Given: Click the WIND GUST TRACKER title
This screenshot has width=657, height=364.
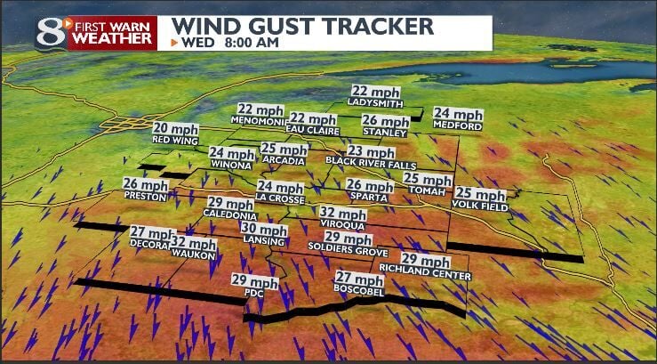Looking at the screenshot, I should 302,25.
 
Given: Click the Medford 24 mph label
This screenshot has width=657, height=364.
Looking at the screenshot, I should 458,119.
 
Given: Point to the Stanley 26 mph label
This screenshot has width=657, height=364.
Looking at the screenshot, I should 385,125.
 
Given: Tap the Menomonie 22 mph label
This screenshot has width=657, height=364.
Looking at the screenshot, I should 259,114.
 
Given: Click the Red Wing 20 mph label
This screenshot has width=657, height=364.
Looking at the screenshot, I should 174,133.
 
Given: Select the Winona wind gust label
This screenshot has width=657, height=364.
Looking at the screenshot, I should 231,158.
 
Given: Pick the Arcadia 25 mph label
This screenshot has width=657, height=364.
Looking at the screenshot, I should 284,154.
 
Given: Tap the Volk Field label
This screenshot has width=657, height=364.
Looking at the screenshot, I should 479,198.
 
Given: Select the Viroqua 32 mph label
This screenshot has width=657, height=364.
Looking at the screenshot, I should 342,219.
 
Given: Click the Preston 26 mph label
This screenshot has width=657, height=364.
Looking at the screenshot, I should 145,190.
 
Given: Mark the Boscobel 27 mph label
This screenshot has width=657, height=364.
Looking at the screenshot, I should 358,284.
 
